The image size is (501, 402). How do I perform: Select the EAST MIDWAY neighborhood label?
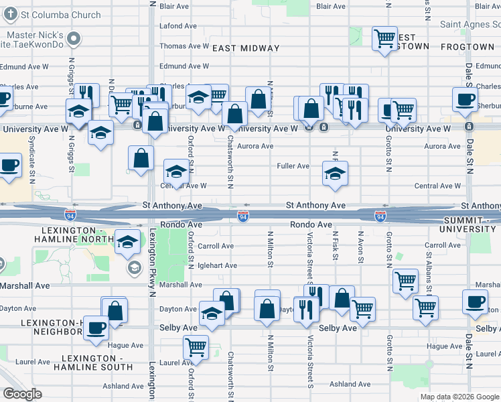[x=246, y=48]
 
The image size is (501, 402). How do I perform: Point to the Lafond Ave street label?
[x=178, y=26]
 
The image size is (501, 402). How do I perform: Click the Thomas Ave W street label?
[x=184, y=46]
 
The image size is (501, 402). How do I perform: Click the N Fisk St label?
[x=334, y=246]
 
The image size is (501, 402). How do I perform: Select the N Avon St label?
[x=361, y=246]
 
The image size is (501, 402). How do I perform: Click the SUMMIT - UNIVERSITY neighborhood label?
[x=472, y=224]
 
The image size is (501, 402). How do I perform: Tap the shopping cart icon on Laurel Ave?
[x=196, y=346]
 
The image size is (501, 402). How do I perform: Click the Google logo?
[x=23, y=394]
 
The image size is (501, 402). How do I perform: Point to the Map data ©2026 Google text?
[x=459, y=397]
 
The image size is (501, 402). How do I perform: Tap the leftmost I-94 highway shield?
[x=70, y=216]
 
